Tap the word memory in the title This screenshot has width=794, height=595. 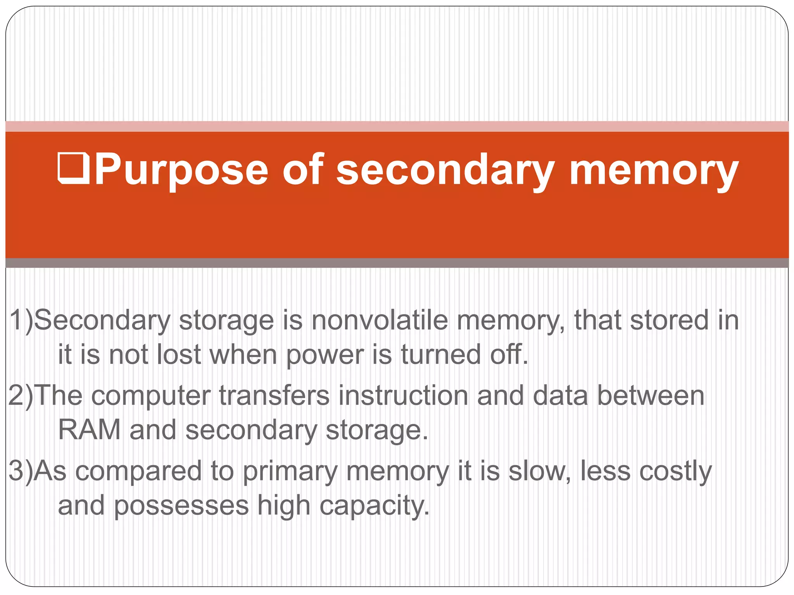click(x=654, y=170)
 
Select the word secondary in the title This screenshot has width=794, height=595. click(x=445, y=170)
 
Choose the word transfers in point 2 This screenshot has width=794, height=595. click(x=274, y=396)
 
